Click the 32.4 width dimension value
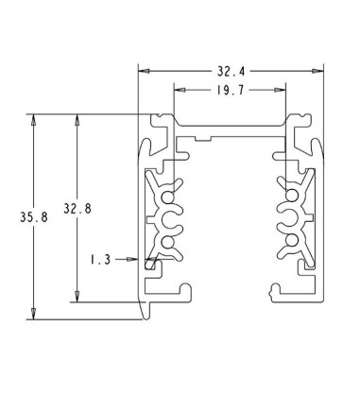pyautogui.click(x=231, y=72)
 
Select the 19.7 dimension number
pyautogui.click(x=231, y=91)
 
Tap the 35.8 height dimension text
pyautogui.click(x=34, y=217)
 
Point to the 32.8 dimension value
pyautogui.click(x=77, y=209)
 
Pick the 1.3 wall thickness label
pyautogui.click(x=101, y=260)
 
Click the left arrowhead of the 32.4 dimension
pyautogui.click(x=144, y=71)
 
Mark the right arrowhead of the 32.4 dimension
pyautogui.click(x=317, y=71)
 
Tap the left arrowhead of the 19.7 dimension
pyautogui.click(x=180, y=90)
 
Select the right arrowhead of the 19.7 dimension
pyautogui.click(x=280, y=90)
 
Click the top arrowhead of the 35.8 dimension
pyautogui.click(x=33, y=120)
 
